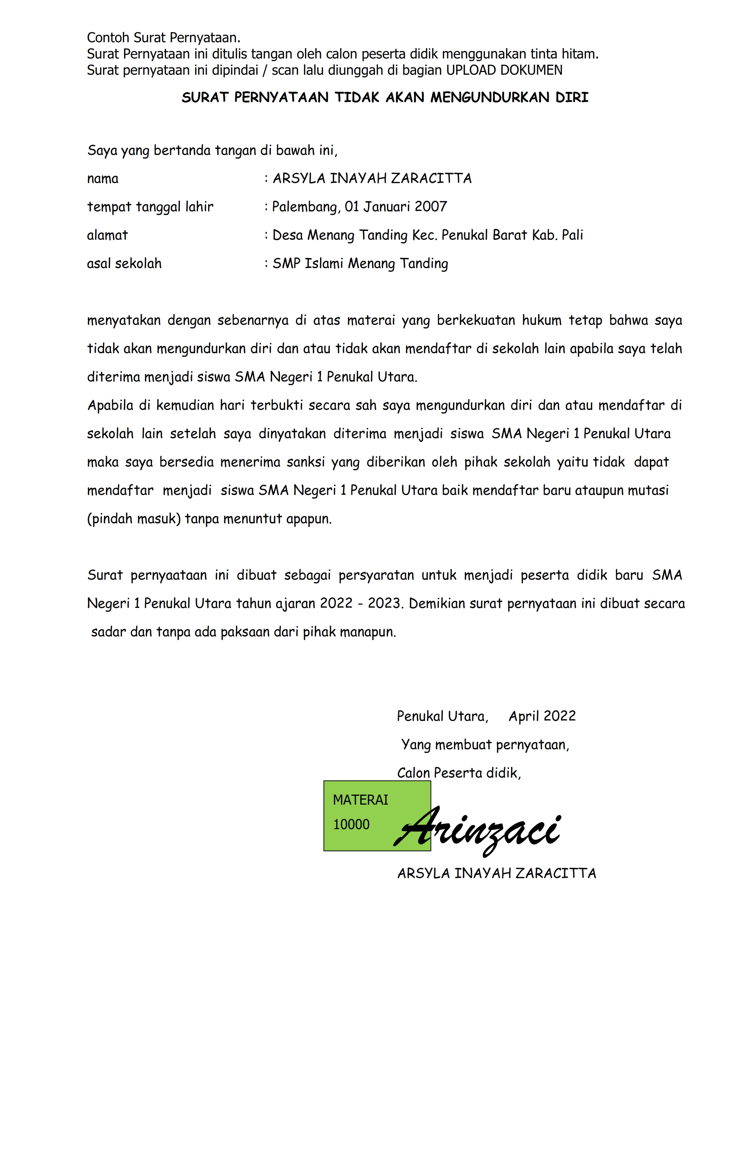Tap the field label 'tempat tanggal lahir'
point(150,207)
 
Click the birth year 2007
point(431,207)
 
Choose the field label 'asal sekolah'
point(124,263)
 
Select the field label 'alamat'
point(107,235)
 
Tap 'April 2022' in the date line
point(542,716)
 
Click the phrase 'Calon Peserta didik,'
point(458,773)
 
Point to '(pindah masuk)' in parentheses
point(133,519)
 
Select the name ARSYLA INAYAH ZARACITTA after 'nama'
point(372,179)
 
